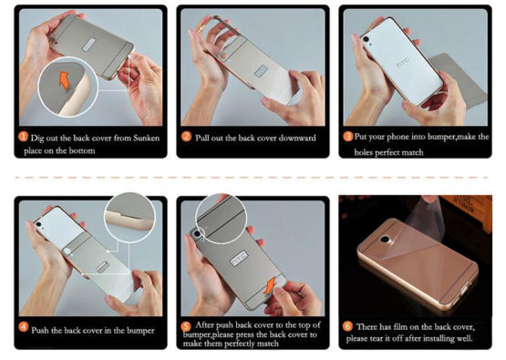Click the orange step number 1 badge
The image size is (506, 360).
pyautogui.click(x=23, y=137)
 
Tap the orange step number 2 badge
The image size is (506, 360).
pyautogui.click(x=186, y=137)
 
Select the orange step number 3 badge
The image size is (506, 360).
pyautogui.click(x=348, y=137)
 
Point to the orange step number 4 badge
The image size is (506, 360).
pyautogui.click(x=24, y=327)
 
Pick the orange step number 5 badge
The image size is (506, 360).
pyautogui.click(x=186, y=327)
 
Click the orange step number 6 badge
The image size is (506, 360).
pyautogui.click(x=347, y=326)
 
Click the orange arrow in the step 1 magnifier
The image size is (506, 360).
pyautogui.click(x=65, y=80)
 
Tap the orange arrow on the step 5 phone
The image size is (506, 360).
pyautogui.click(x=270, y=285)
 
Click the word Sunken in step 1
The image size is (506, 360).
pyautogui.click(x=146, y=139)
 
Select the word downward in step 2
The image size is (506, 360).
pyautogui.click(x=297, y=139)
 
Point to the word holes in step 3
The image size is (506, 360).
pyautogui.click(x=364, y=152)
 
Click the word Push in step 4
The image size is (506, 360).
pyautogui.click(x=40, y=330)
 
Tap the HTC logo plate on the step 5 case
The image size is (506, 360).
pyautogui.click(x=240, y=259)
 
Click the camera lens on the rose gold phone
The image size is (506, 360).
pyautogui.click(x=386, y=240)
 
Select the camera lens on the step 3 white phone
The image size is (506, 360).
pyautogui.click(x=366, y=39)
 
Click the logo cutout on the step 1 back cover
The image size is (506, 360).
pyautogui.click(x=90, y=45)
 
